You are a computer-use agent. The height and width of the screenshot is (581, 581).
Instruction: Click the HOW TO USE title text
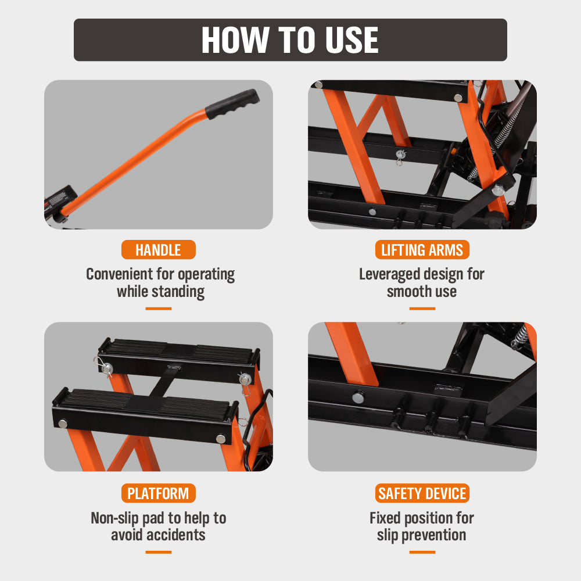(290, 40)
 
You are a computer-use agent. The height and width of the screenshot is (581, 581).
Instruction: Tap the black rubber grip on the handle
(232, 103)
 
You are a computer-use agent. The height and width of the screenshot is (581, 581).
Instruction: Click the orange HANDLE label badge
(158, 250)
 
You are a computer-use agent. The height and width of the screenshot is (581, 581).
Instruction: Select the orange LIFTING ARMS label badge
(422, 250)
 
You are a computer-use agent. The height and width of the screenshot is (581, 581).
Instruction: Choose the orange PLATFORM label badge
(158, 493)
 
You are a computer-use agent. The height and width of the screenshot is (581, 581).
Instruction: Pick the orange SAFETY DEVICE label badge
(422, 493)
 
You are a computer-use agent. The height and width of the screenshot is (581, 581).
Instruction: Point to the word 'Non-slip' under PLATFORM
(114, 518)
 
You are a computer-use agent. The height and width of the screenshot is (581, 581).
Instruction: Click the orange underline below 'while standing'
(158, 309)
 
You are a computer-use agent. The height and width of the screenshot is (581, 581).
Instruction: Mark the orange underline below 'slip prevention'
(422, 552)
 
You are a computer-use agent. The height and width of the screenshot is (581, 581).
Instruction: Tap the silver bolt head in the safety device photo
(358, 397)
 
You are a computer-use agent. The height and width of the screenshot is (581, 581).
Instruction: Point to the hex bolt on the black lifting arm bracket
(498, 191)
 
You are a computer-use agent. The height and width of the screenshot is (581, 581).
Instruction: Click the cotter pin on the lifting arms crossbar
(400, 157)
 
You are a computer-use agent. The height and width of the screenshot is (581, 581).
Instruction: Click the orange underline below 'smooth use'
(422, 309)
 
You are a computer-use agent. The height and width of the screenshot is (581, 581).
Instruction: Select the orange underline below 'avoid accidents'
(158, 552)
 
